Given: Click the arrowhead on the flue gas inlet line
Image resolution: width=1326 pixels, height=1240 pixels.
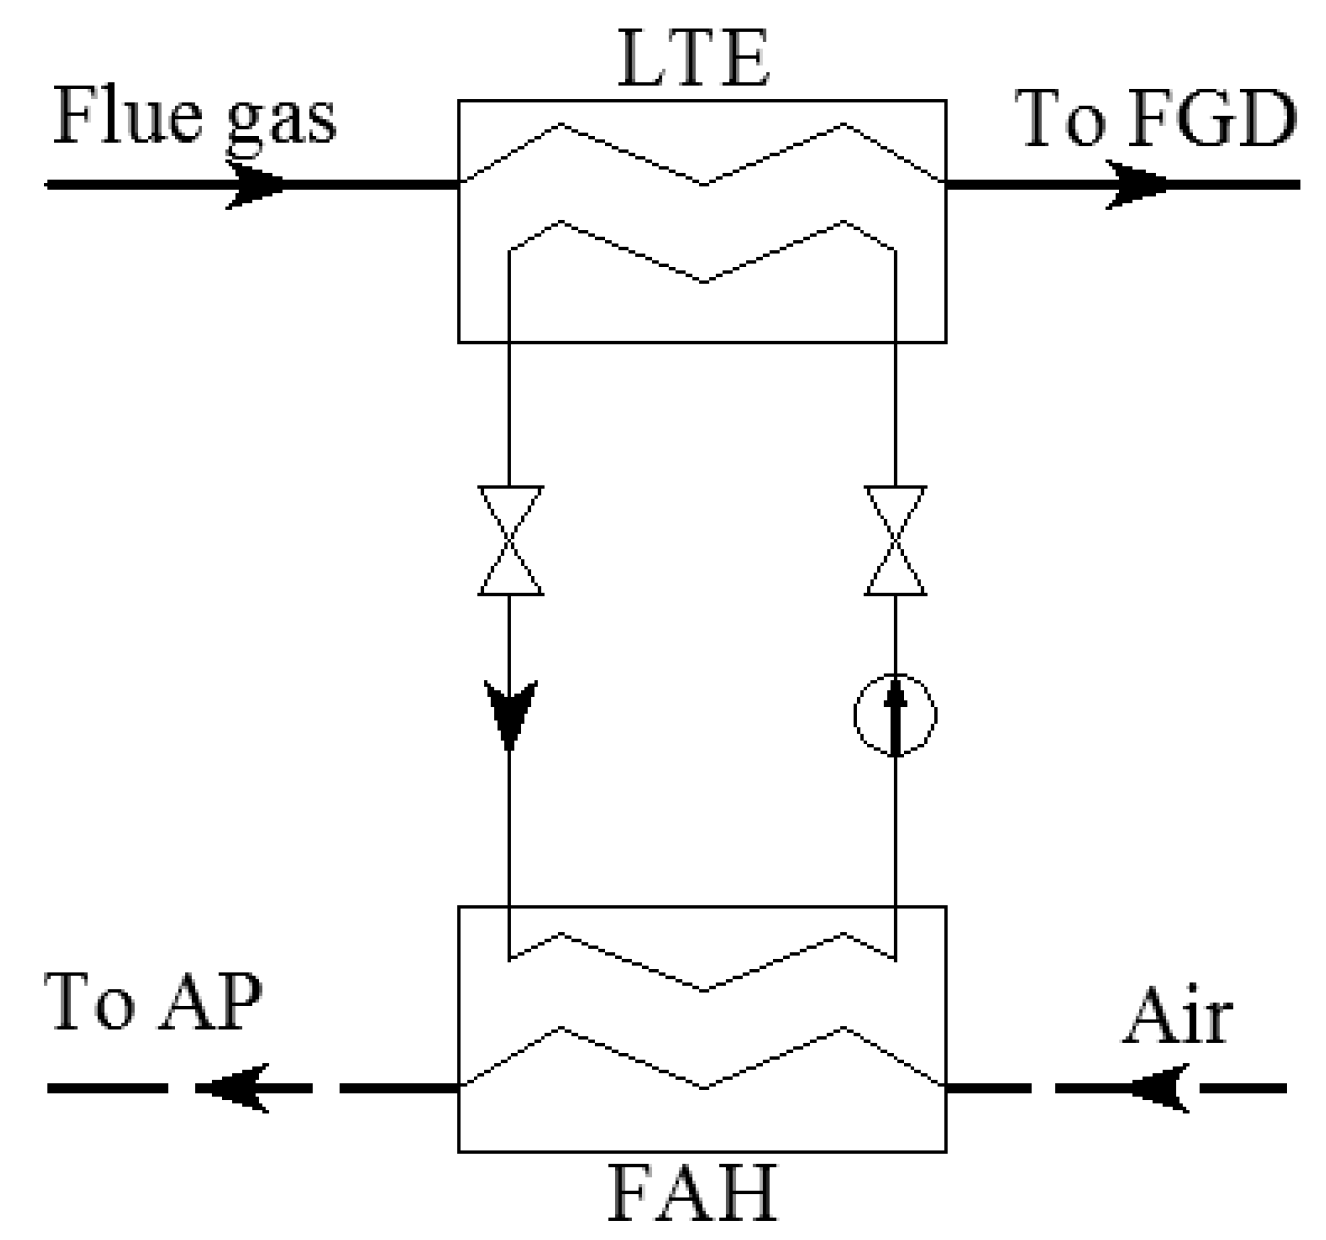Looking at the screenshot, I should tap(254, 185).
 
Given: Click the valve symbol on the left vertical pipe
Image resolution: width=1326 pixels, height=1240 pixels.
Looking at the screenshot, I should tap(511, 541).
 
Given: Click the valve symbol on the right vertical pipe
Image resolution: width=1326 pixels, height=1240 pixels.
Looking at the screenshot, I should tap(895, 541).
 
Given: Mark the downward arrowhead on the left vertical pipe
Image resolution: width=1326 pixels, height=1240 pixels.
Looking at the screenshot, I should tap(511, 712).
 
